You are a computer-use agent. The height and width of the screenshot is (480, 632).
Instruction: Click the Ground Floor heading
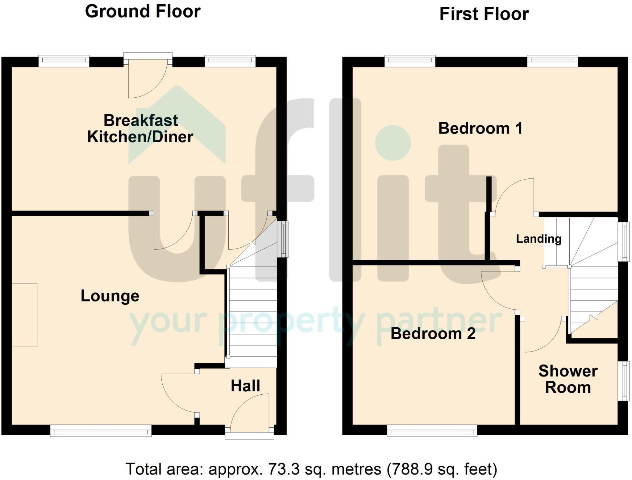(x=143, y=12)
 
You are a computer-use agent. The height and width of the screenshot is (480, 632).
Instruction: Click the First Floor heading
(x=484, y=14)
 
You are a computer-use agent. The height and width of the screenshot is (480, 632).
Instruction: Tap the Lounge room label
(x=110, y=296)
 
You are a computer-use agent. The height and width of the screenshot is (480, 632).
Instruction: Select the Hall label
(x=246, y=386)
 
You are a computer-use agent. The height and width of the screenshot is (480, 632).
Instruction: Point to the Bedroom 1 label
(x=480, y=128)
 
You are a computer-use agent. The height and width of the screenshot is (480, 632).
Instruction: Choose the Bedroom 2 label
(x=433, y=334)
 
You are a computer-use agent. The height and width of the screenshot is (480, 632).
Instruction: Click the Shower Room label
(x=568, y=379)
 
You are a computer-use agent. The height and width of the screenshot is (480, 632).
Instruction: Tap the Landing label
(x=539, y=239)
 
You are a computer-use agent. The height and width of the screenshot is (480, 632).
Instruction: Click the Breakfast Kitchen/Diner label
(x=140, y=128)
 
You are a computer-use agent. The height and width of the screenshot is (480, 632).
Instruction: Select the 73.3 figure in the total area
(x=284, y=469)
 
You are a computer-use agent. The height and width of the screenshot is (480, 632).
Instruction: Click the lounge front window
(x=101, y=431)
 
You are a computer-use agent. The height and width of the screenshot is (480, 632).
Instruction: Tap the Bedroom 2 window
(x=432, y=431)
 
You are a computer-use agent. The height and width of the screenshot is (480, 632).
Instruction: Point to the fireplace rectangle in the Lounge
(x=24, y=315)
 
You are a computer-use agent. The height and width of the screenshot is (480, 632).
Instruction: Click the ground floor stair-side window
(x=283, y=239)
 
